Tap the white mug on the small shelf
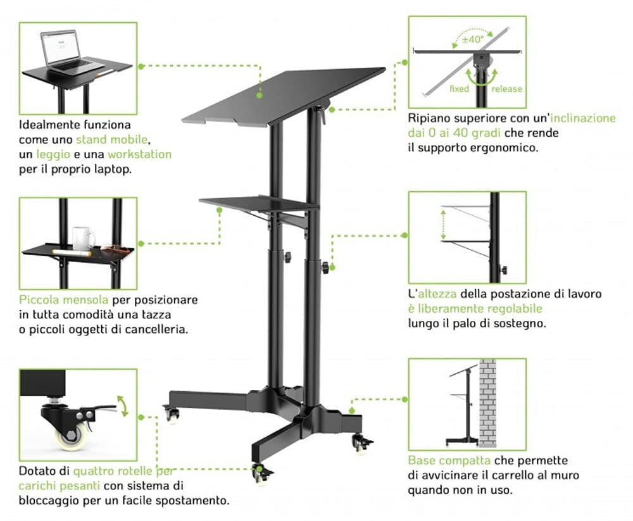[x=82, y=238]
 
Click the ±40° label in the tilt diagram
[x=472, y=39]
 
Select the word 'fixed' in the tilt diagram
[x=459, y=89]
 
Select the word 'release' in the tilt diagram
[x=506, y=89]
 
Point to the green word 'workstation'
[x=139, y=154]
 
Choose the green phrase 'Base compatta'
[x=449, y=460]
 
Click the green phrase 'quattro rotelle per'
[x=123, y=471]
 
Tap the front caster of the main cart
[x=259, y=472]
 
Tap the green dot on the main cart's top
[x=260, y=95]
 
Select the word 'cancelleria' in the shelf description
[x=156, y=330]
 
